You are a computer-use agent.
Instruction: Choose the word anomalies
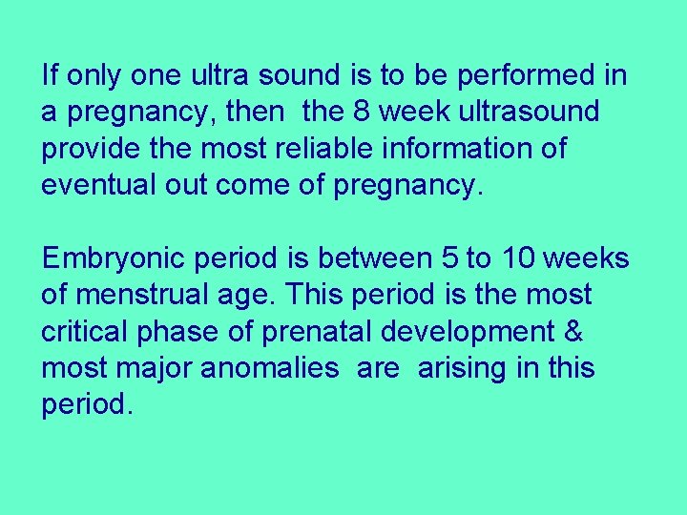pyautogui.click(x=269, y=367)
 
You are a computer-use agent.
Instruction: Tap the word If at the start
pyautogui.click(x=49, y=74)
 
